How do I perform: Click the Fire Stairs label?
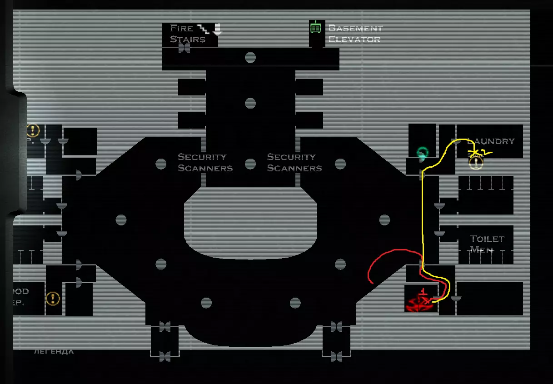tap(187, 34)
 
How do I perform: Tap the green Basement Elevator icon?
tap(315, 28)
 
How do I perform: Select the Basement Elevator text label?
tap(355, 34)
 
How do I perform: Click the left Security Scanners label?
tap(204, 162)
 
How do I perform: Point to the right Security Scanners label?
tap(294, 162)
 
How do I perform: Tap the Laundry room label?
tap(491, 141)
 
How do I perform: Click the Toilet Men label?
tap(487, 244)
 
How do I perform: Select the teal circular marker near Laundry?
tap(422, 153)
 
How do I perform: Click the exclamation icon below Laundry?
tap(476, 163)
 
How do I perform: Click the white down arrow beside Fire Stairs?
tap(217, 29)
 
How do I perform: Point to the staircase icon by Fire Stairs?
tap(204, 29)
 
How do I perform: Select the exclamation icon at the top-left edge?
tap(33, 130)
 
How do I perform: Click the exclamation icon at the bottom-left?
tap(53, 298)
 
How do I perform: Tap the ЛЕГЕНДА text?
tap(54, 351)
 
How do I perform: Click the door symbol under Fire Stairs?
tap(184, 48)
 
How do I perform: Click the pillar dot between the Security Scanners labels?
tap(250, 164)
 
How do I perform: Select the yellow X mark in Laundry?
tap(474, 151)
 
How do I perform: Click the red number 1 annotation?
tap(423, 291)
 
